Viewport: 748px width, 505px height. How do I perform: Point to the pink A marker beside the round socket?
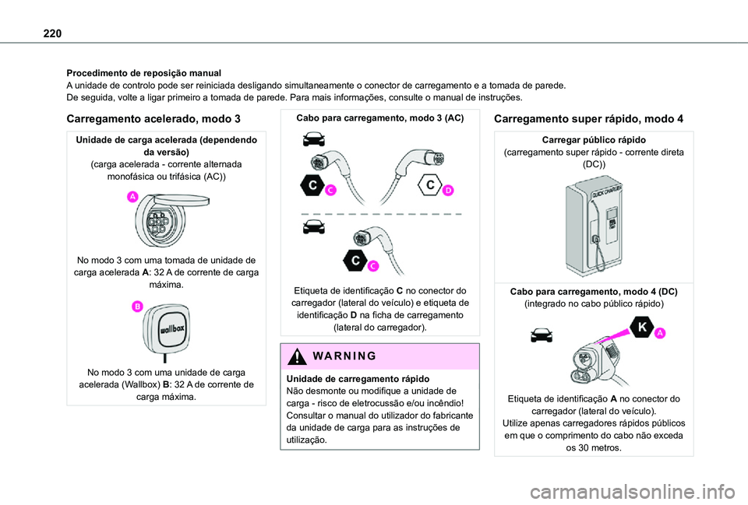(133, 198)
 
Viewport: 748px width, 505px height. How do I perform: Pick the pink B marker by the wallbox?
(137, 307)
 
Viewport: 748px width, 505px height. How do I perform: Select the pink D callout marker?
(449, 191)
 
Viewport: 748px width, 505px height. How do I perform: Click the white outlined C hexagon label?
(429, 184)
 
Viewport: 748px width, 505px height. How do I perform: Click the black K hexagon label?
(642, 328)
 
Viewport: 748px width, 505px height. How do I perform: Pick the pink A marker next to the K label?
(659, 333)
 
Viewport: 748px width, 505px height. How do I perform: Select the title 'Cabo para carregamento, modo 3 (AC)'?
(378, 118)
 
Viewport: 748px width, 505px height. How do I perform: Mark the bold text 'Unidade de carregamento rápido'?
(353, 378)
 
